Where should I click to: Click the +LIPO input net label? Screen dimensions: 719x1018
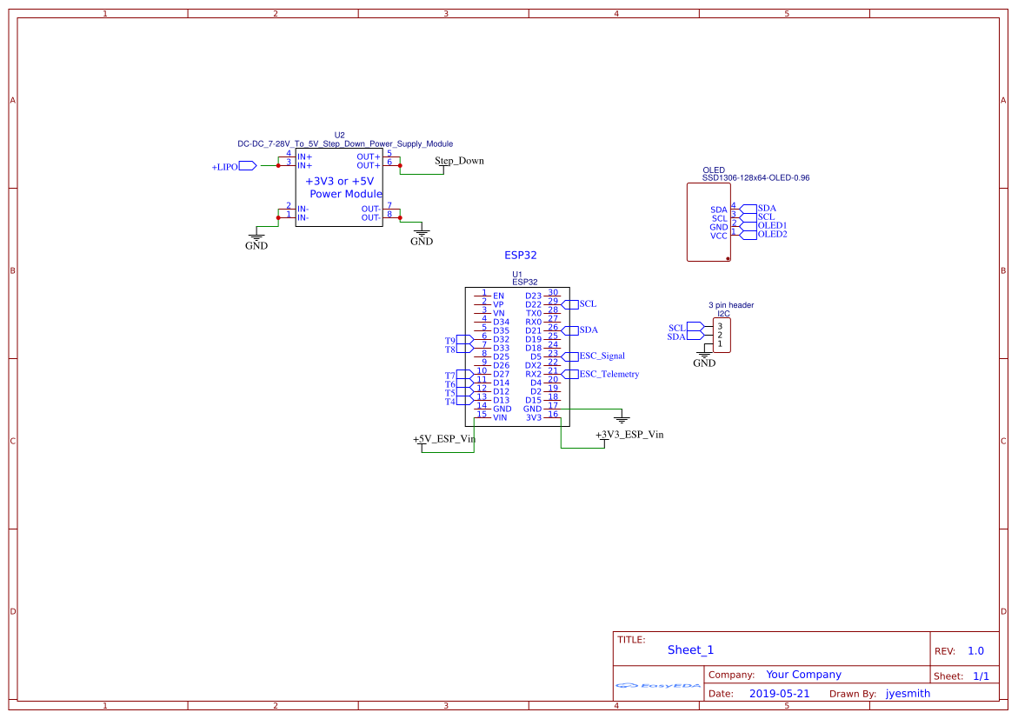(x=225, y=166)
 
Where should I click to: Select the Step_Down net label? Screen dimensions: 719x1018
(x=459, y=161)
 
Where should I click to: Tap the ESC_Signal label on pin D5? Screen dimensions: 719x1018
(x=602, y=356)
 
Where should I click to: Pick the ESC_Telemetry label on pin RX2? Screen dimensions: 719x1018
(x=609, y=374)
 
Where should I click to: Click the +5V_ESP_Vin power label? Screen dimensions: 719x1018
(x=443, y=439)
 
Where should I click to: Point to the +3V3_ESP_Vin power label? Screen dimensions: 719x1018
(x=629, y=434)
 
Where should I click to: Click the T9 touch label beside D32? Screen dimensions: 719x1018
(x=450, y=341)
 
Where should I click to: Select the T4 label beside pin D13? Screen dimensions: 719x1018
(x=450, y=402)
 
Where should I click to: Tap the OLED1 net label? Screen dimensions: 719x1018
(x=772, y=225)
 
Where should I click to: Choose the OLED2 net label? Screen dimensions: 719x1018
(x=772, y=234)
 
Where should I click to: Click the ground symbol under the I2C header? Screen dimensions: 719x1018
(x=704, y=355)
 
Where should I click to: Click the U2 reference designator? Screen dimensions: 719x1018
(x=339, y=135)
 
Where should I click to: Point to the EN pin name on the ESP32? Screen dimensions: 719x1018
(x=498, y=296)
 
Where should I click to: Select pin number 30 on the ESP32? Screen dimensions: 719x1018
(x=553, y=293)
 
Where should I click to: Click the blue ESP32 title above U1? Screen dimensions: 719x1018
(x=521, y=256)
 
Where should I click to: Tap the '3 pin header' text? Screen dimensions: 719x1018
(x=731, y=305)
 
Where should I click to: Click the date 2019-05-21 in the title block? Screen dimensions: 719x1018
(x=779, y=694)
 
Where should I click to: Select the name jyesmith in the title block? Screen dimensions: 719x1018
(x=908, y=694)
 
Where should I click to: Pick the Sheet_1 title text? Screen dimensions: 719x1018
(x=690, y=650)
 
